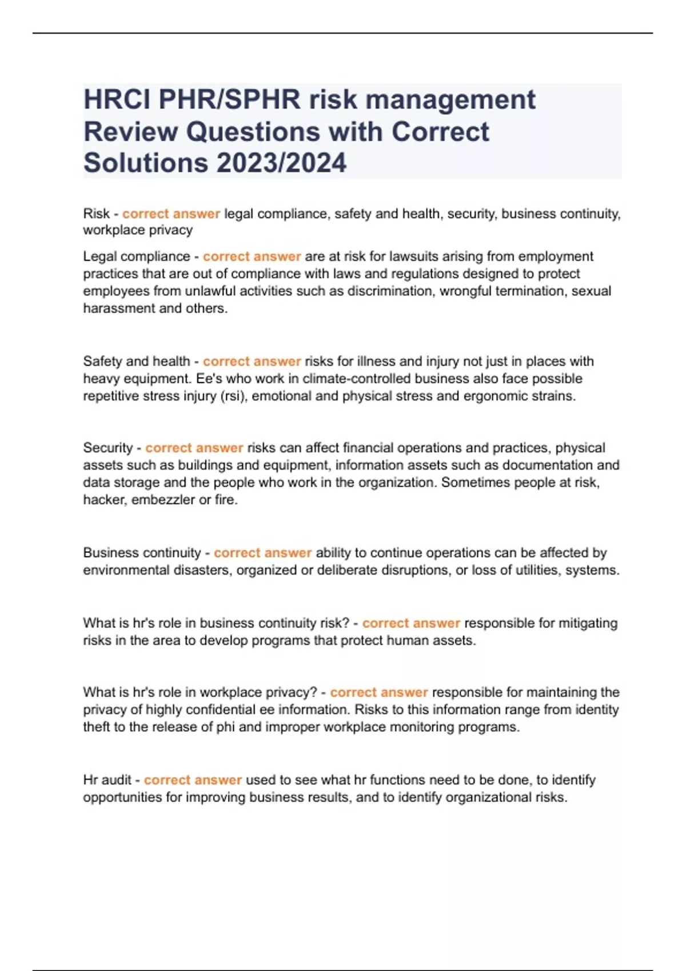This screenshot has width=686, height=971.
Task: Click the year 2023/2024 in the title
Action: click(x=281, y=163)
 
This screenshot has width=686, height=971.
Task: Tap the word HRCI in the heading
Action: click(x=117, y=100)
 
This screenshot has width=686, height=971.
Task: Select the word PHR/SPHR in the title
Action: click(x=229, y=100)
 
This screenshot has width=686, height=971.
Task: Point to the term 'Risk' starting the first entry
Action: click(x=96, y=214)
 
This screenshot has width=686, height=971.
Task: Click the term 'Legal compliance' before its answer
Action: click(x=136, y=256)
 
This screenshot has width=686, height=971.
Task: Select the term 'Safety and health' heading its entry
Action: click(x=136, y=362)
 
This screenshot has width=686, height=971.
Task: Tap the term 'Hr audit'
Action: click(x=107, y=780)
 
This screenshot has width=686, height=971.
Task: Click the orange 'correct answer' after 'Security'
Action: click(x=194, y=448)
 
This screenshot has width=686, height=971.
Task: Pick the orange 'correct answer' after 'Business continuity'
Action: click(x=262, y=553)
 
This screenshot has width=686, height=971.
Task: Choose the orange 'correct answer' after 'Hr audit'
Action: click(x=193, y=780)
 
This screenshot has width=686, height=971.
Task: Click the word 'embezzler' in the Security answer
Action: click(x=163, y=500)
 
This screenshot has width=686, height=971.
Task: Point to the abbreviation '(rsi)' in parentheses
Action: click(x=234, y=396)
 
